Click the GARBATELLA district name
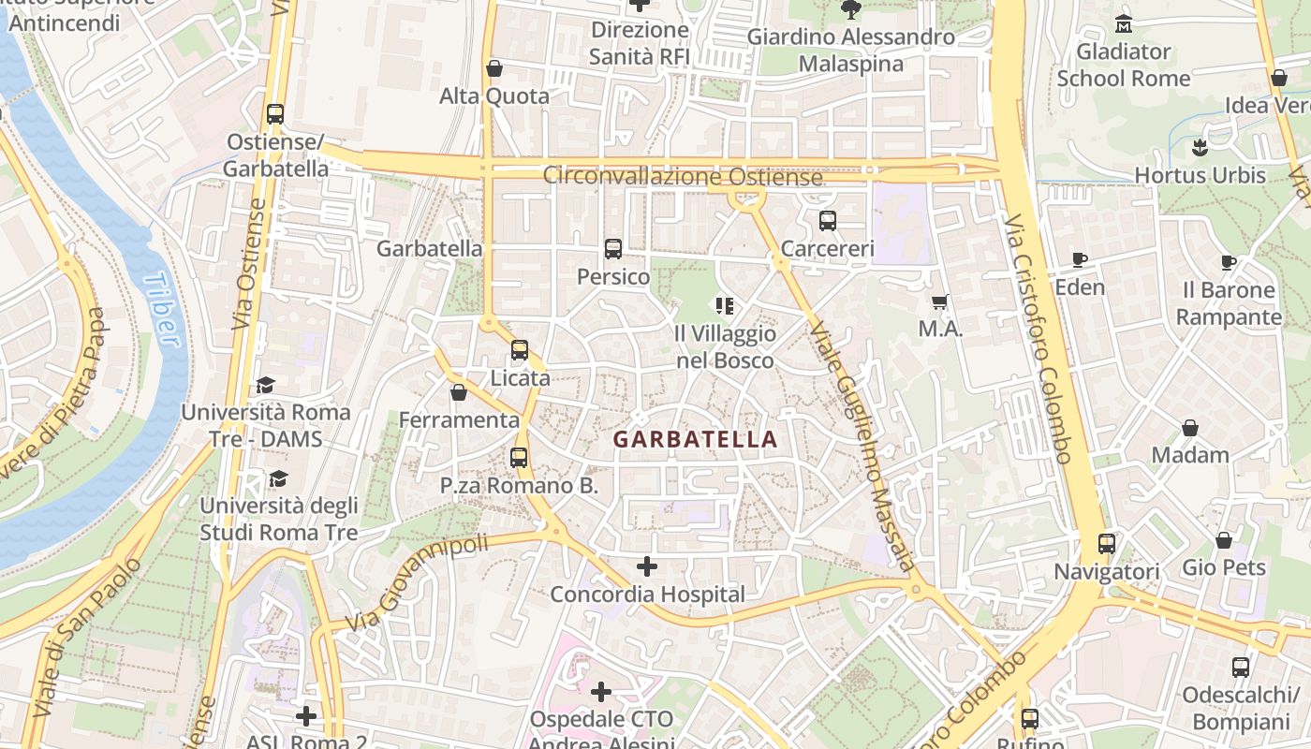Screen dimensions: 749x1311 coord(695,439)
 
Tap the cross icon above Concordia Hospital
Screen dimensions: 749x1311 coord(646,566)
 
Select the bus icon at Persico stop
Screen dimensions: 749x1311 coord(613,249)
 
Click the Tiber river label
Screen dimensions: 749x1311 coord(162,310)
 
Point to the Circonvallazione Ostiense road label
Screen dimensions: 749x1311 coord(683,176)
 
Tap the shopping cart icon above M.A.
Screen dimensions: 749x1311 coord(940,301)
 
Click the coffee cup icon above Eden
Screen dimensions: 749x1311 coord(1080,259)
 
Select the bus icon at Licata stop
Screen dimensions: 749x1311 coord(520,350)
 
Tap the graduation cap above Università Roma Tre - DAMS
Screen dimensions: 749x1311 coord(265,385)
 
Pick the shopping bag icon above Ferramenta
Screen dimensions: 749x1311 coord(458,392)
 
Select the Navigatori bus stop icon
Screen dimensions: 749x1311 coord(1107,543)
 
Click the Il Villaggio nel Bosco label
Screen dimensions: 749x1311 coord(725,347)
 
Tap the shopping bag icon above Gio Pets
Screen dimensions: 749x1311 coord(1223,540)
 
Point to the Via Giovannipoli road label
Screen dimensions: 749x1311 coord(417,582)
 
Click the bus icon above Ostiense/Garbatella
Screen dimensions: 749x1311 coord(275,114)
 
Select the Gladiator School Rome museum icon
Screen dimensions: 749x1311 coord(1124,23)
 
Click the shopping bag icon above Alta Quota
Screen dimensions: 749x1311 coord(494,68)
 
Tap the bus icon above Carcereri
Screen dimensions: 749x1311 coord(827,221)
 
